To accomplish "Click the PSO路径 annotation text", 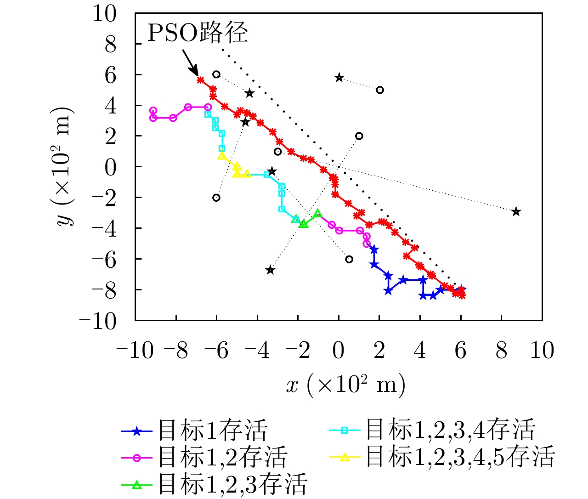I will point(197,33).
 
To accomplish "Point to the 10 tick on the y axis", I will point(104,13).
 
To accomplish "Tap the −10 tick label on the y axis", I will point(98,320).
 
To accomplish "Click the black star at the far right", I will point(516,212).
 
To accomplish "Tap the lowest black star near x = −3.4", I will point(270,270).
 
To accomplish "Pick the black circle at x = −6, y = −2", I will point(216,198).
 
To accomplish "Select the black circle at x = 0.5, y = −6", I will point(349,259).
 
